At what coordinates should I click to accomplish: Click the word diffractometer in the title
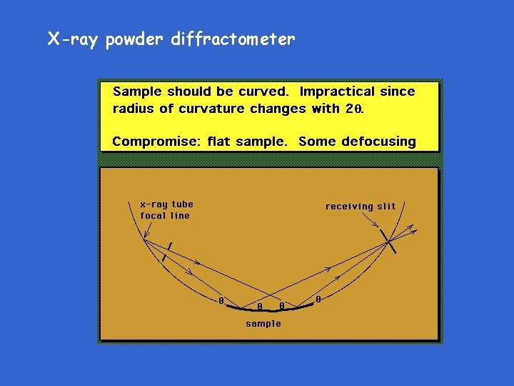click(x=233, y=39)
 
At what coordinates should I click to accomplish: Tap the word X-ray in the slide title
click(x=74, y=39)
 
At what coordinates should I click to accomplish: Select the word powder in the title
click(x=135, y=40)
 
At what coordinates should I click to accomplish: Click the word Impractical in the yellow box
click(x=336, y=91)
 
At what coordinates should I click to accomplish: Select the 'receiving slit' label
click(x=361, y=207)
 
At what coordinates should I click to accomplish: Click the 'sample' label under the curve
click(x=263, y=324)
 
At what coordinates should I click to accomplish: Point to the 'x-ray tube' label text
click(x=166, y=204)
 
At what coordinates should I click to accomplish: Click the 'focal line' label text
click(x=165, y=215)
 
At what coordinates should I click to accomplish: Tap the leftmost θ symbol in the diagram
click(x=221, y=301)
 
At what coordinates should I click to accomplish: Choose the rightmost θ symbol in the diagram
click(x=318, y=300)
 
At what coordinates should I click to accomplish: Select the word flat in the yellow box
click(x=219, y=142)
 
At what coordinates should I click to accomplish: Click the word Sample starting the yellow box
click(x=137, y=91)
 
